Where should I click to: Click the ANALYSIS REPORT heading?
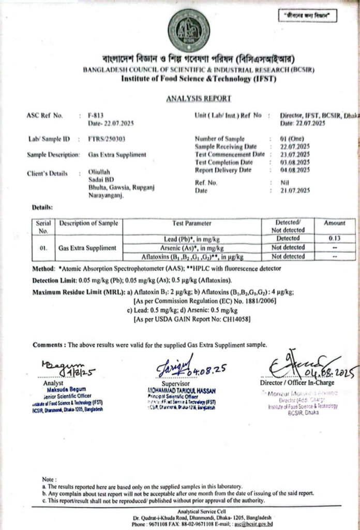[199, 98]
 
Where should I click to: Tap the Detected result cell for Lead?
[288, 239]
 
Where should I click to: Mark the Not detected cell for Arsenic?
[288, 247]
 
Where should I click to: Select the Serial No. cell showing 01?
[43, 247]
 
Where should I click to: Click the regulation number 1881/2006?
[251, 301]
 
